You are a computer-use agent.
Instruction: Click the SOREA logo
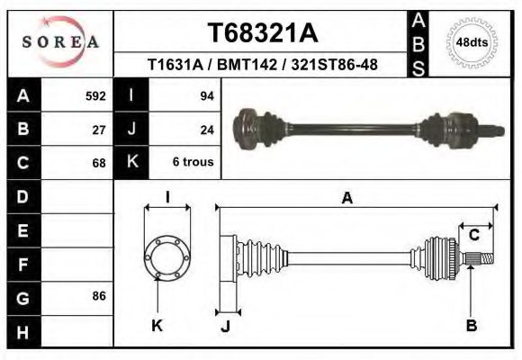pos(60,41)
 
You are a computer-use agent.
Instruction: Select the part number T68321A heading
pos(262,33)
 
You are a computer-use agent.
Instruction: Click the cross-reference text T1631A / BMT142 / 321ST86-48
pos(262,65)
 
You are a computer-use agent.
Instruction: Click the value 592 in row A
pos(95,95)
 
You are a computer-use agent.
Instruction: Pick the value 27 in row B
pos(100,130)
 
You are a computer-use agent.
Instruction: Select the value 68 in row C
pos(100,163)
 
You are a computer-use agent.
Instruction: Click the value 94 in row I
pos(206,95)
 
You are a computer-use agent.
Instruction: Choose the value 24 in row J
pos(206,130)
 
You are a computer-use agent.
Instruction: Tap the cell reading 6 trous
pos(193,163)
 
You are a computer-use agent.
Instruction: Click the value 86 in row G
pos(100,295)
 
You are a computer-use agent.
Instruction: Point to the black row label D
pos(23,196)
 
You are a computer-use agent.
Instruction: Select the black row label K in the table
pos(131,163)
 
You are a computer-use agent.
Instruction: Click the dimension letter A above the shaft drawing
pos(346,199)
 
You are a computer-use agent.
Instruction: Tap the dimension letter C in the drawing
pos(473,236)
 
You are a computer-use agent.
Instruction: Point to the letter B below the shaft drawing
pos(471,326)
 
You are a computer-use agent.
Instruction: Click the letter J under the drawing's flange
pos(225,326)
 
